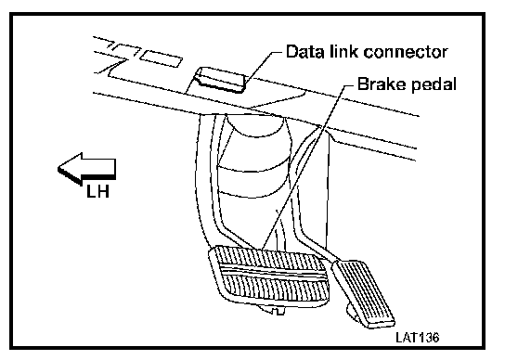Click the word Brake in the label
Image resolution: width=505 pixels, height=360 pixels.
(378, 84)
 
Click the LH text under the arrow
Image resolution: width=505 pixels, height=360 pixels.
(97, 191)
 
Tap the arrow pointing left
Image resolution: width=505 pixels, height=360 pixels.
(86, 169)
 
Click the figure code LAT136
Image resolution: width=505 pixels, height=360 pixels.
(418, 338)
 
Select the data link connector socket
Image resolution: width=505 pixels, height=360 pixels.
(220, 80)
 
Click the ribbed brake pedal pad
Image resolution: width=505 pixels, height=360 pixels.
(269, 276)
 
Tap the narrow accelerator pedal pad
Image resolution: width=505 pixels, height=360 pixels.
(363, 293)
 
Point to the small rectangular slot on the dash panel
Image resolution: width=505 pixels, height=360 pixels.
(161, 58)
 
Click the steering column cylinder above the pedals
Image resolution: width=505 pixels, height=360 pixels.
(254, 161)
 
